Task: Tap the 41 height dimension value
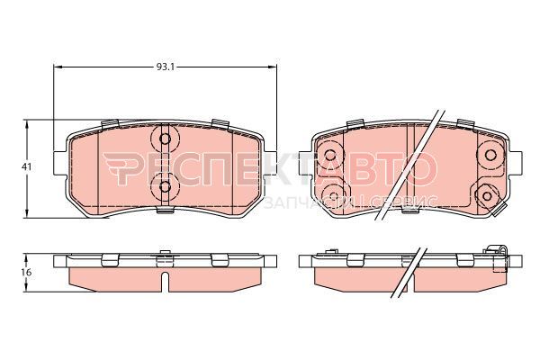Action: pyautogui.click(x=26, y=167)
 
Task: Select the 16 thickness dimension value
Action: pyautogui.click(x=26, y=273)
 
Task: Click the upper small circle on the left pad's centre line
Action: pyautogui.click(x=166, y=139)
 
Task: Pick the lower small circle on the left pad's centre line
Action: pyautogui.click(x=166, y=186)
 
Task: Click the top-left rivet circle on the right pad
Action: pyautogui.click(x=330, y=155)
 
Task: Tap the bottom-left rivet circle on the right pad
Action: pyautogui.click(x=334, y=196)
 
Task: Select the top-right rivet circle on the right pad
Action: pyautogui.click(x=490, y=155)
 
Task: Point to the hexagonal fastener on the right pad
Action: pyautogui.click(x=487, y=195)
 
